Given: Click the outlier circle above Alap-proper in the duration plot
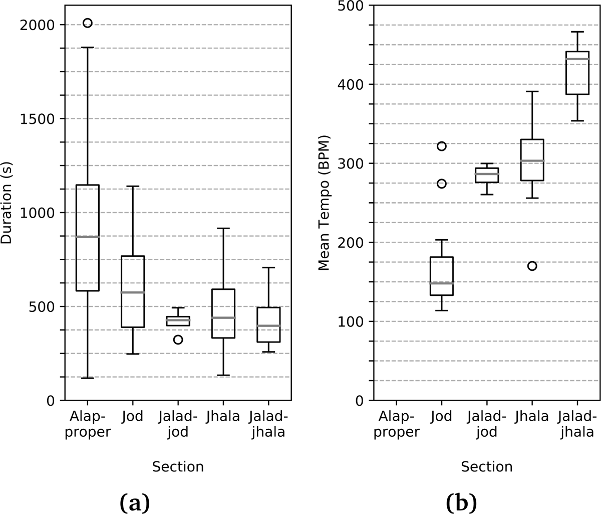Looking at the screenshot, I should tap(88, 23).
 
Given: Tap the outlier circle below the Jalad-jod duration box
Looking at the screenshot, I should tap(178, 339).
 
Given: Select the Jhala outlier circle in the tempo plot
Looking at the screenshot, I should tap(532, 266).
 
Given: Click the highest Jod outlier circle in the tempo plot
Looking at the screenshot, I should tap(441, 146).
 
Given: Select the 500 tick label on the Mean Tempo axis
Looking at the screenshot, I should tap(353, 6).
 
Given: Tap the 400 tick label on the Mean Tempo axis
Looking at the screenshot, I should tap(353, 84).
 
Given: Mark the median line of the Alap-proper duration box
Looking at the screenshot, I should tap(88, 236).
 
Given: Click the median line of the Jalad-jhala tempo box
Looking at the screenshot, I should tap(577, 59).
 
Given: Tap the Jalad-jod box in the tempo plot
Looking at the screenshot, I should tap(487, 176).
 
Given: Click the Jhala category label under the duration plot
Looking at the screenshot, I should tap(223, 417).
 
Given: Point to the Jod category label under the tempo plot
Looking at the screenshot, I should tap(441, 417).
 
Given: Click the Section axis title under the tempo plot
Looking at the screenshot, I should tap(487, 467).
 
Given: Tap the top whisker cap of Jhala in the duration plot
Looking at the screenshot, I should tap(223, 228).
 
